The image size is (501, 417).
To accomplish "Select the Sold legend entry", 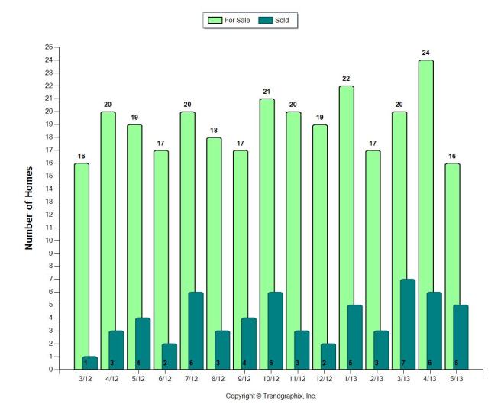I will point(278,20).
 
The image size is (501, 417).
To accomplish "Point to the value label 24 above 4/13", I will point(426,53).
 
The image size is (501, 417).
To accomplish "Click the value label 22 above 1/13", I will point(346,79).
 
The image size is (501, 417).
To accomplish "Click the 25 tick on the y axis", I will point(48,47).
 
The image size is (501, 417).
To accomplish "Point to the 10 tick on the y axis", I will point(48,241).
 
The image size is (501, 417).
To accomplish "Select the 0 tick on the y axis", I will point(50,370).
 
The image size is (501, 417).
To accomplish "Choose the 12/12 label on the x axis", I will point(325,379).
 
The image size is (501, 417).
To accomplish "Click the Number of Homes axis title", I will point(29,208).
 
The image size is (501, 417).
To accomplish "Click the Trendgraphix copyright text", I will point(270,396).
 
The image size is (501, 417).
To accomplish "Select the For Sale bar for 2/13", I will point(372,229).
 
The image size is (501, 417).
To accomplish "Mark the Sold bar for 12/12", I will point(328,357).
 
